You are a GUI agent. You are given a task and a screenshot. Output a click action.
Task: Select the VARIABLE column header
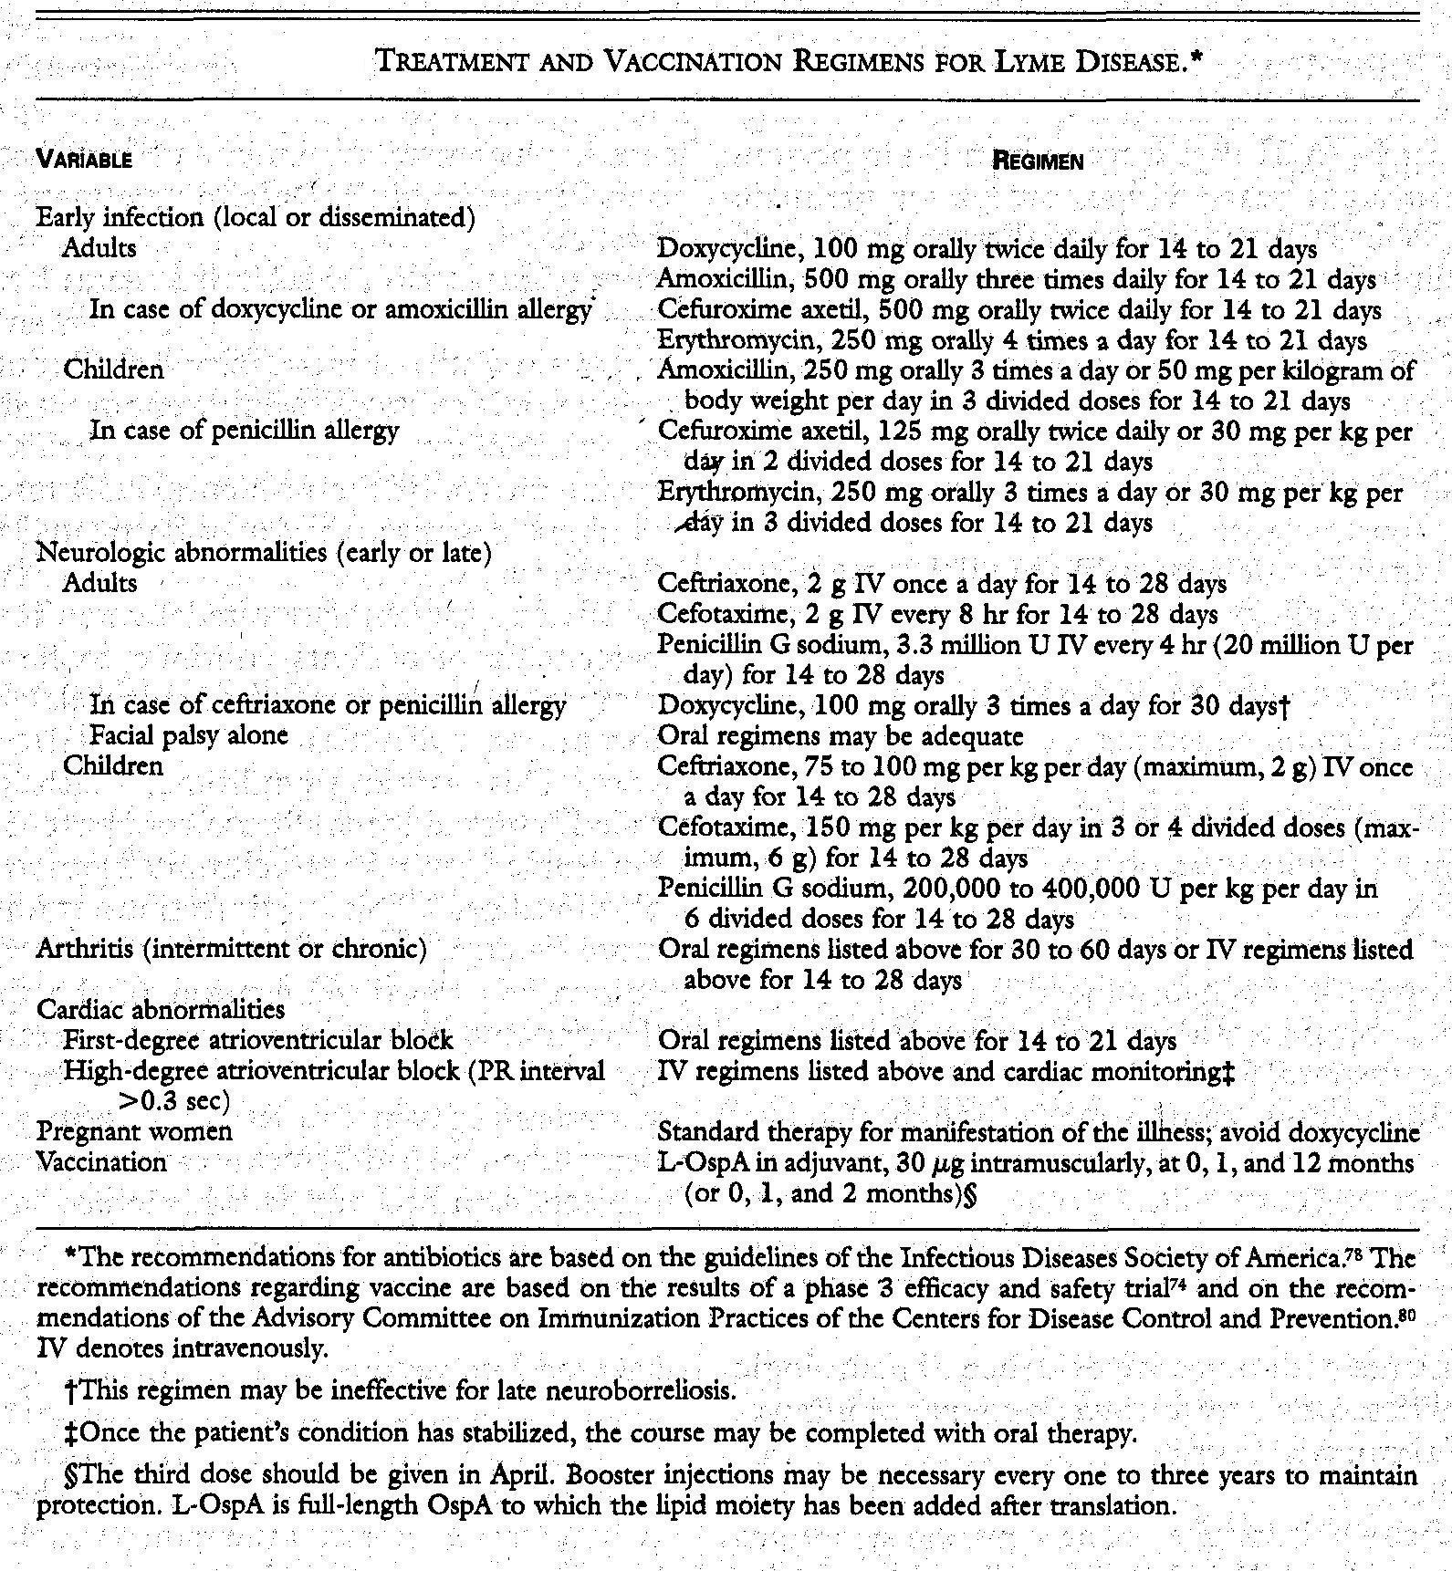[84, 161]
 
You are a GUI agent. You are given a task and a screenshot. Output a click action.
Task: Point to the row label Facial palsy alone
[189, 735]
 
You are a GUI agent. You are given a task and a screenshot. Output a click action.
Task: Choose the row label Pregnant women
[134, 1132]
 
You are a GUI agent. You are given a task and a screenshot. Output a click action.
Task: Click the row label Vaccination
[101, 1162]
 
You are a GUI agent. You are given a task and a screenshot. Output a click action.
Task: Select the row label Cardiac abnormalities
[160, 1010]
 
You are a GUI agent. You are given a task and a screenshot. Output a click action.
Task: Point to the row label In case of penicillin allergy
[244, 430]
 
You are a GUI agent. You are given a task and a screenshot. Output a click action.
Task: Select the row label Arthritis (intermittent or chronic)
[232, 950]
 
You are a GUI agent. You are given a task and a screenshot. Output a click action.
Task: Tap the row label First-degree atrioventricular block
[258, 1040]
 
